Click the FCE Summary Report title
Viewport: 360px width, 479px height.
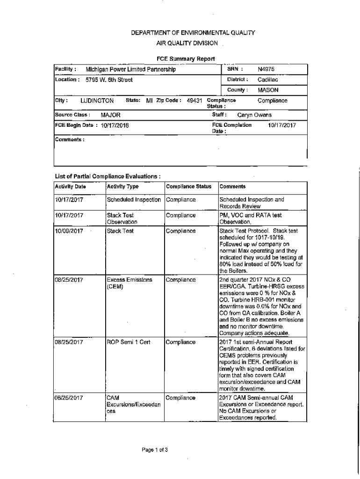(x=186, y=59)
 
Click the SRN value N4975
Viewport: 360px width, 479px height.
(x=266, y=70)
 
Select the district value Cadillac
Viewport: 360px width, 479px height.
(x=268, y=80)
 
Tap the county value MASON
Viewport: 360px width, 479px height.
(x=268, y=90)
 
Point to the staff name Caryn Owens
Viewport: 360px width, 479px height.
(x=254, y=115)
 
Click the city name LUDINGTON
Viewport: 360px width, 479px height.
(x=97, y=101)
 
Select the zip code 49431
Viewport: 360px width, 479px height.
(x=194, y=101)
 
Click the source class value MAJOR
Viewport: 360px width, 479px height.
(x=110, y=115)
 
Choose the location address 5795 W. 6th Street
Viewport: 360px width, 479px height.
(x=109, y=80)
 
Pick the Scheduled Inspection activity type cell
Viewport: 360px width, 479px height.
(x=134, y=200)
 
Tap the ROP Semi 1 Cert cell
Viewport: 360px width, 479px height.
(x=129, y=342)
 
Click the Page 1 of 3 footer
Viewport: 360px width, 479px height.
(x=155, y=450)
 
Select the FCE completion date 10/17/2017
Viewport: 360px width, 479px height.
(x=282, y=125)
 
